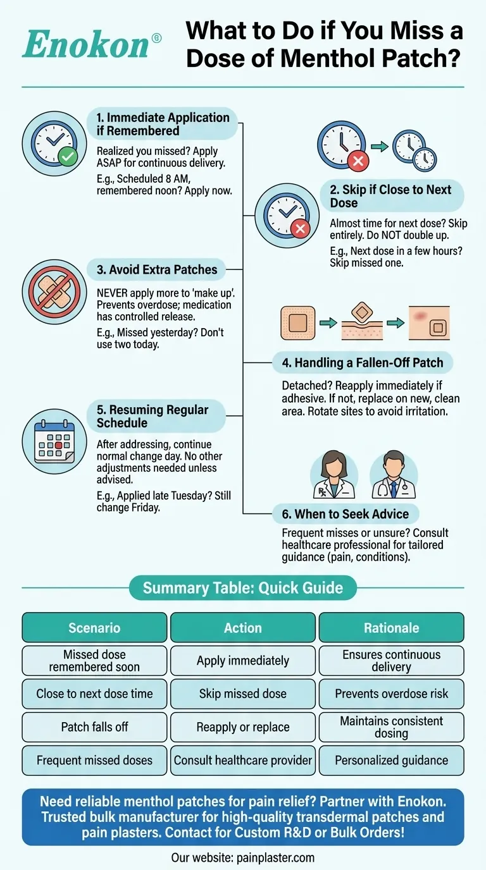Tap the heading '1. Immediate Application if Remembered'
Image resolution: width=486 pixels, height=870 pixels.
[163, 124]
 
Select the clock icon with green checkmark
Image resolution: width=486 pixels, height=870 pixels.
[50, 141]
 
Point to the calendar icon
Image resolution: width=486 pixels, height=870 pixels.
[50, 440]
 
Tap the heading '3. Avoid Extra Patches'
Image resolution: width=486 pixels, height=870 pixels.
[156, 270]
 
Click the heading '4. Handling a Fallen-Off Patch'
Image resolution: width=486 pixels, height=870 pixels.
[363, 363]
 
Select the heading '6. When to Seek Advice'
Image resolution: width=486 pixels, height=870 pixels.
[345, 514]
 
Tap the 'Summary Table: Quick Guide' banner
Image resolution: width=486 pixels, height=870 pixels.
[243, 588]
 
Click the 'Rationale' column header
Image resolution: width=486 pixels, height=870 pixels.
[391, 628]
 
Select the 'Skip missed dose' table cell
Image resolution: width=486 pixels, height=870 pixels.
[243, 694]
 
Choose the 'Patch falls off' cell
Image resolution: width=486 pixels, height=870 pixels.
[94, 727]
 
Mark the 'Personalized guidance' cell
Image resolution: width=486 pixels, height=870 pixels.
[391, 761]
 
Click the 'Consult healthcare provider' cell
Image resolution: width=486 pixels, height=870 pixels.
[243, 761]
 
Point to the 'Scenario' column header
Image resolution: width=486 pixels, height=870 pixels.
[94, 628]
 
